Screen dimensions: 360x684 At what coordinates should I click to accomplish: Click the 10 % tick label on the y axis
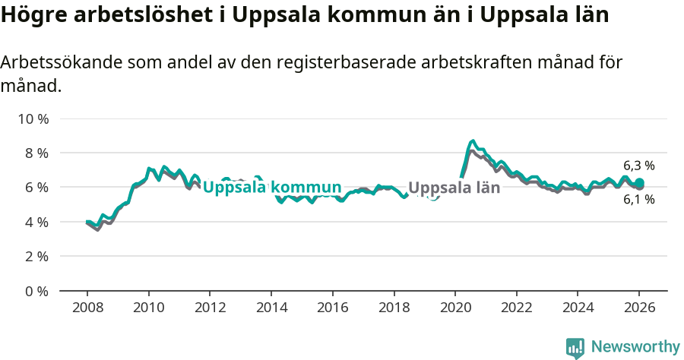coord(34,119)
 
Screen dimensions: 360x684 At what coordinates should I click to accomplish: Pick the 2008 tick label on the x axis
coord(87,308)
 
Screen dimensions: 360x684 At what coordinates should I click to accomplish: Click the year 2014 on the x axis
coord(271,308)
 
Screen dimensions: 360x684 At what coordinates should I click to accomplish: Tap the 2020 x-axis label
coord(454,308)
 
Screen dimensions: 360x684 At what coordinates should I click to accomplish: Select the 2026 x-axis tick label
coord(638,308)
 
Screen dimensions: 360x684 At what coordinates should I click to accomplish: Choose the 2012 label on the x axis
coord(210,308)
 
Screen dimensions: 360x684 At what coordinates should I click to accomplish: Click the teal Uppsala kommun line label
coord(271,188)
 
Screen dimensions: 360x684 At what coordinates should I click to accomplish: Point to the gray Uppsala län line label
coord(454,188)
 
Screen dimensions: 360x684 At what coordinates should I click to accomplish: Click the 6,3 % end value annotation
coord(638,166)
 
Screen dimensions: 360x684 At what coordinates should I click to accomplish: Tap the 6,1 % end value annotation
coord(638,201)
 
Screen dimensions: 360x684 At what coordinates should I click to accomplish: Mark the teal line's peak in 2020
coord(473,141)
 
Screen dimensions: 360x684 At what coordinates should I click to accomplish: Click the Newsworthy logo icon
coord(575,348)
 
